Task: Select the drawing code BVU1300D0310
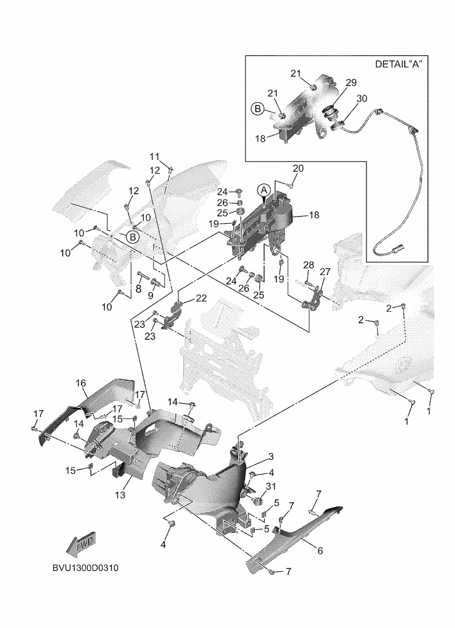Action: coord(85,568)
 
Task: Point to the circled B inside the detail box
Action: coord(258,108)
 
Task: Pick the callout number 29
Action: coord(351,83)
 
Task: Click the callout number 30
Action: coord(362,99)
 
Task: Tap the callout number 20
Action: coord(298,169)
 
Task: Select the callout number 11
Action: coord(154,156)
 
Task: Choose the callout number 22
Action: coord(201,299)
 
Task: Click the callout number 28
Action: coord(308,265)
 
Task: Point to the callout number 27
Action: coord(325,272)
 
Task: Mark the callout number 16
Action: coord(80,383)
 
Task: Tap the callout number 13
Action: coord(120,495)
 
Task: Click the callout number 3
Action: coord(271,457)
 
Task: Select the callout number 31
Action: coord(271,486)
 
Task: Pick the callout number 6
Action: coord(320,551)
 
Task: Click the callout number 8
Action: coord(138,289)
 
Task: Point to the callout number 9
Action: coord(151,295)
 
